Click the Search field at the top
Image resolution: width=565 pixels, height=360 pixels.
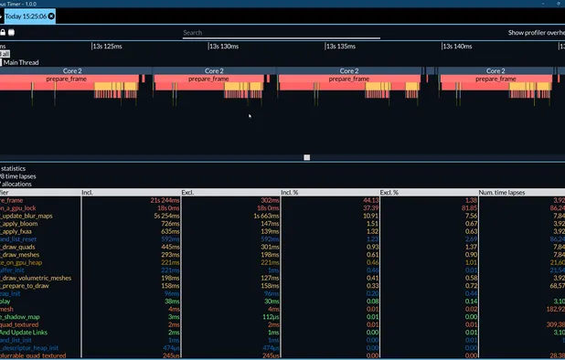281,33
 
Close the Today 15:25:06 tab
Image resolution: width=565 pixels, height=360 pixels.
51,16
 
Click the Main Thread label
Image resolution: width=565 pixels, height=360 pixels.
23,62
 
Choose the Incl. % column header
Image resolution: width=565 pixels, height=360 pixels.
291,192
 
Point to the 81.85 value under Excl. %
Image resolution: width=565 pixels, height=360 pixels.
464,207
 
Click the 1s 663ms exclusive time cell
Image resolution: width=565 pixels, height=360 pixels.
265,216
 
